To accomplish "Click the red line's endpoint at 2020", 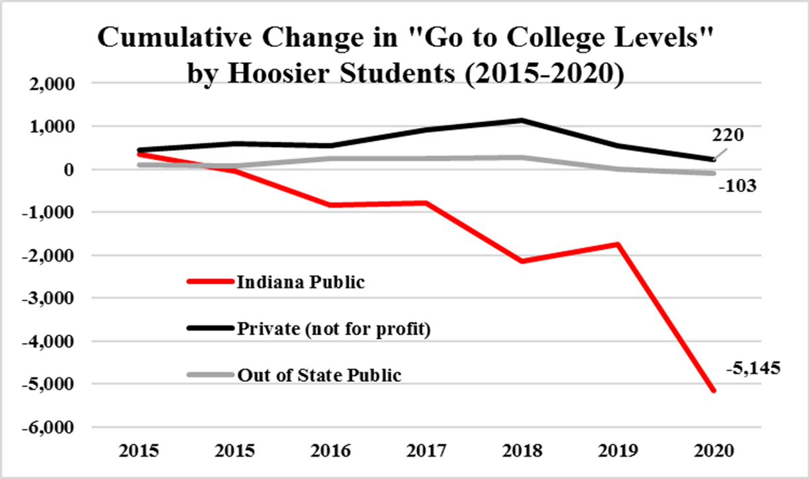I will pyautogui.click(x=713, y=391).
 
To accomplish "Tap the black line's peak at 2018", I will pyautogui.click(x=522, y=121).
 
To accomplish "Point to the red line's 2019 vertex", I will pyautogui.click(x=617, y=244).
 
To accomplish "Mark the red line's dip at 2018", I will pyautogui.click(x=522, y=261).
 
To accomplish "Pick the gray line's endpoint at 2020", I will pyautogui.click(x=713, y=174).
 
